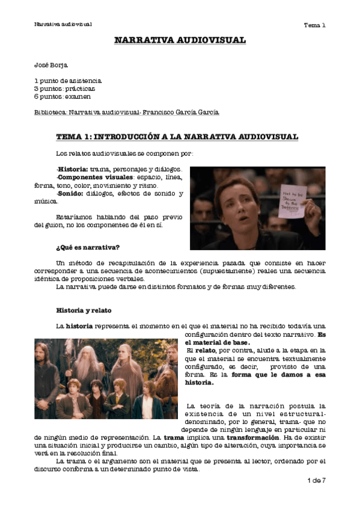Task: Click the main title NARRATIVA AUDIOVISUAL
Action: click(180, 41)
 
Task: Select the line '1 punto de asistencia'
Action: click(68, 81)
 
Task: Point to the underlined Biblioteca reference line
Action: click(127, 112)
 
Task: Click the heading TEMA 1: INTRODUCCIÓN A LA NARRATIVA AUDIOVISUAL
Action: click(177, 137)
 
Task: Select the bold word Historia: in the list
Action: click(73, 170)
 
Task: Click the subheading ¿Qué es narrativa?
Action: click(88, 247)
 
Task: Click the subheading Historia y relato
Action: click(84, 310)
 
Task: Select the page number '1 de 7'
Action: click(316, 481)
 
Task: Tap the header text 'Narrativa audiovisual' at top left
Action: click(63, 25)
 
